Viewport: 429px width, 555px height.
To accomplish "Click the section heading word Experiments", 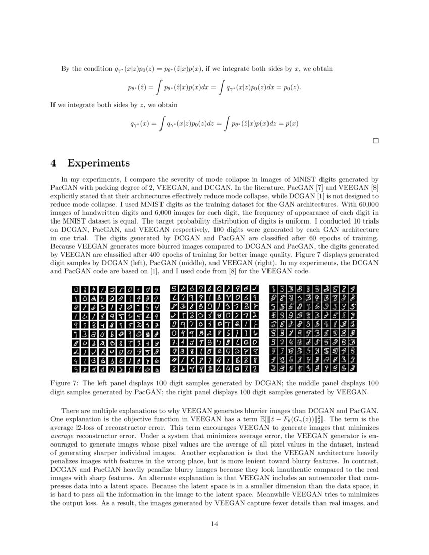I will click(x=98, y=163).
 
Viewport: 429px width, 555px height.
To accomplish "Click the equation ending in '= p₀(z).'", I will click(x=214, y=88).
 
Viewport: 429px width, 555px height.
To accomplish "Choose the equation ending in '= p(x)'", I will click(x=214, y=123).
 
